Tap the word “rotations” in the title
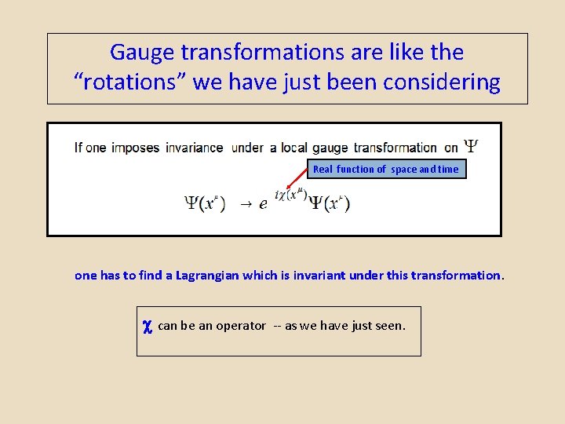tap(129, 82)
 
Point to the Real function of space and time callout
tap(386, 169)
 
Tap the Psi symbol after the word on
tap(471, 146)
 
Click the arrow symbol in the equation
tap(246, 204)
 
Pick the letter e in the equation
tap(263, 204)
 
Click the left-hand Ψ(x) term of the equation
tap(205, 203)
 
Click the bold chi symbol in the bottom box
tap(147, 326)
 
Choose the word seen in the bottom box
tap(389, 326)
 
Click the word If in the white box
tap(78, 148)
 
